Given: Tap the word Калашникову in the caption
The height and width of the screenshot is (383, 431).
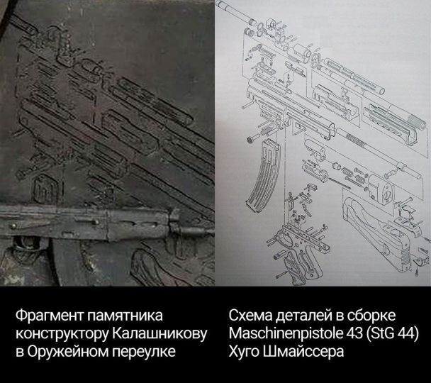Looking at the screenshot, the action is coord(159,333).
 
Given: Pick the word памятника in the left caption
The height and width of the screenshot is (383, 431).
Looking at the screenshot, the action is coord(125,316).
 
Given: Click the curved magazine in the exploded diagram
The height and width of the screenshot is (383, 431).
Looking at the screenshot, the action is coord(263,176).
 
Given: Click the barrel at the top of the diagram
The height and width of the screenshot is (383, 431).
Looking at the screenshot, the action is coord(235,12).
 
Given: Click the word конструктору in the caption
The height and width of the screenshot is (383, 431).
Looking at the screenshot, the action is coord(62,334).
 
